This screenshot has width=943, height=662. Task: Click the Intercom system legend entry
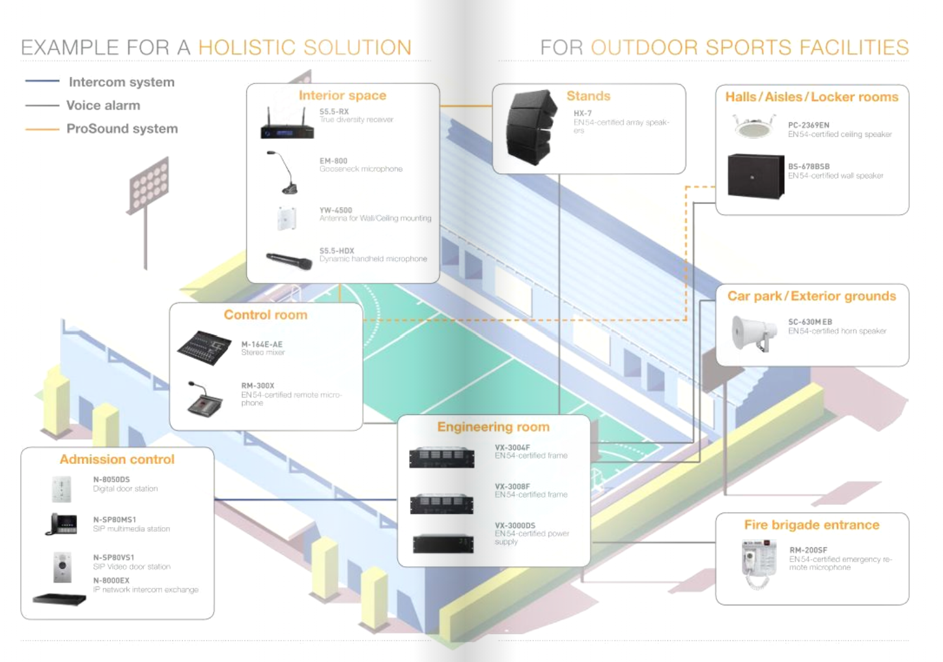tap(122, 81)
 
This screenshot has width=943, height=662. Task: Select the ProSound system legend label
tap(122, 128)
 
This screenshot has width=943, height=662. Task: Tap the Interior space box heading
tap(343, 95)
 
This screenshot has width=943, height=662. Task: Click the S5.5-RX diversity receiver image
tap(287, 123)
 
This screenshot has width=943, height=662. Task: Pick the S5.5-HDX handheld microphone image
tap(289, 261)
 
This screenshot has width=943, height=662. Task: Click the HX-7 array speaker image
tap(531, 127)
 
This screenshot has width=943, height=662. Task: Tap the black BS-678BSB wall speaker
tap(756, 176)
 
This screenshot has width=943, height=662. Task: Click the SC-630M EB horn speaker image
tap(754, 333)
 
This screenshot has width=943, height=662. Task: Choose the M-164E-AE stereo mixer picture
tap(204, 348)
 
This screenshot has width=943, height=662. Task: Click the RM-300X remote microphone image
tap(204, 399)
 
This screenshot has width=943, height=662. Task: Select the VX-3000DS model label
tap(515, 525)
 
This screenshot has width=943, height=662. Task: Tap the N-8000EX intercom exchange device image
tap(59, 599)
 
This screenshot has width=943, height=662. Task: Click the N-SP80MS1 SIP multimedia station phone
tap(61, 524)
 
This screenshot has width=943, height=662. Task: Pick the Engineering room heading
tap(494, 427)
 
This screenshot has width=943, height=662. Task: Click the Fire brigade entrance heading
tap(811, 525)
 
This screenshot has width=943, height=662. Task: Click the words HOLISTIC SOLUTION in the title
tap(305, 47)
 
